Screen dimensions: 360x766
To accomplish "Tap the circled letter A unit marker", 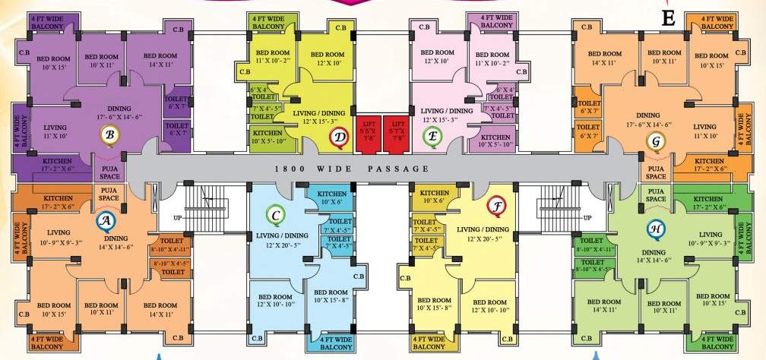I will click(105, 221).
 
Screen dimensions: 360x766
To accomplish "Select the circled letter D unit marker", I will click(340, 137).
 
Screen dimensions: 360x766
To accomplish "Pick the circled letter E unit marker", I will click(430, 136).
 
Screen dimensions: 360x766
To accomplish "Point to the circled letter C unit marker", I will click(277, 216).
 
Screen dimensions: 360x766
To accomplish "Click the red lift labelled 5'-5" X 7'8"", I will click(369, 131).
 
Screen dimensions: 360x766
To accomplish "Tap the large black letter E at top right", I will click(669, 18).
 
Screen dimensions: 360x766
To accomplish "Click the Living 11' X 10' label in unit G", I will click(704, 131).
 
